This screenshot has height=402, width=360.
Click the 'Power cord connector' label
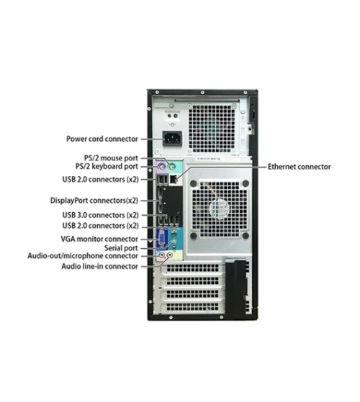[102, 139]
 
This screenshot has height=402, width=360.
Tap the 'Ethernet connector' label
[300, 167]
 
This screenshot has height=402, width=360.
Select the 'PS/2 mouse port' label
[111, 158]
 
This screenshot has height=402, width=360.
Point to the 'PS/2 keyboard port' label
[107, 166]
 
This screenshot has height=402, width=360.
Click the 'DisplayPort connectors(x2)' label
[94, 201]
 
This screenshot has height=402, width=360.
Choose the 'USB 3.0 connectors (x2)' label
[100, 215]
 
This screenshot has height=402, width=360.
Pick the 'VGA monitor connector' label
[99, 239]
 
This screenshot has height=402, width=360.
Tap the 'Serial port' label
[121, 248]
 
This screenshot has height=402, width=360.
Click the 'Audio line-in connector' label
[99, 266]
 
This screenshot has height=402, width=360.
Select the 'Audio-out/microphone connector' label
[83, 256]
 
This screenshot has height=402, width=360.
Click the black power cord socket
[172, 139]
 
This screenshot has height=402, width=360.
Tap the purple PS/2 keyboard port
[161, 168]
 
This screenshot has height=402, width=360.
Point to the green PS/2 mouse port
[172, 168]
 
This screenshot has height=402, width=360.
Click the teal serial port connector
[174, 238]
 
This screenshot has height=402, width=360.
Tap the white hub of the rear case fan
[220, 208]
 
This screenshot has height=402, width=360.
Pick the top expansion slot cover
[192, 268]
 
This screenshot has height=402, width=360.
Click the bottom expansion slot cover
[192, 307]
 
